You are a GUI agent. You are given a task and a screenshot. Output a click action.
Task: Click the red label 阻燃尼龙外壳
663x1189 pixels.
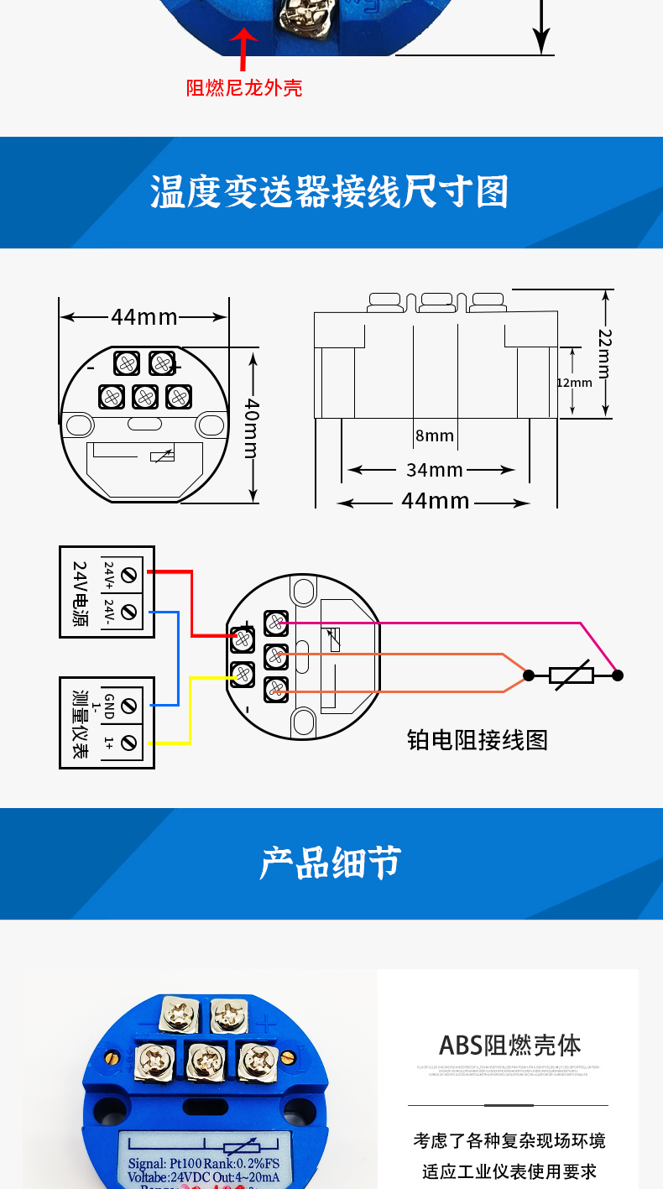point(244,88)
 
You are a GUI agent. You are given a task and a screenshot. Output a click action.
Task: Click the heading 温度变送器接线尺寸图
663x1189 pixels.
point(330,192)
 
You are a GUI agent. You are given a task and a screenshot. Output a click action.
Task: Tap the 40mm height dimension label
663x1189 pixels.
point(251,428)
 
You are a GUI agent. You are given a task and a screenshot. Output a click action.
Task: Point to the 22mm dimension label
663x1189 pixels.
point(604,352)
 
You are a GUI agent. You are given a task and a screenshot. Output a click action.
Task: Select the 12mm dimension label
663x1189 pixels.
point(574,383)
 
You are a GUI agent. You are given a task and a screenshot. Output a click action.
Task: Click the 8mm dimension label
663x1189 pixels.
point(434,435)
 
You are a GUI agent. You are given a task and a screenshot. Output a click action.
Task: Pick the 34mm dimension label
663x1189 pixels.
point(434,470)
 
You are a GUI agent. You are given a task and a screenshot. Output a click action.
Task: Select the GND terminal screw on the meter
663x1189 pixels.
point(128,707)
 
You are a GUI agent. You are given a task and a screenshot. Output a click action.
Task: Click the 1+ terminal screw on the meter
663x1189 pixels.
point(128,743)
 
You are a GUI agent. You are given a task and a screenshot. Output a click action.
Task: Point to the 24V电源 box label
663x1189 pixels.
point(80,592)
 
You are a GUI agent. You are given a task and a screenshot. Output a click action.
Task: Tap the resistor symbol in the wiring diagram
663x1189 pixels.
point(572,675)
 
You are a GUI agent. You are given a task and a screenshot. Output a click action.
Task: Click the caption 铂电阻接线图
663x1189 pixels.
point(477,739)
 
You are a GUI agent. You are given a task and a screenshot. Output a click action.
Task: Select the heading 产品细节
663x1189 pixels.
point(331,863)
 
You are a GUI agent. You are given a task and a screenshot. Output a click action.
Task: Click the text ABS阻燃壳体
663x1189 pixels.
point(509,1046)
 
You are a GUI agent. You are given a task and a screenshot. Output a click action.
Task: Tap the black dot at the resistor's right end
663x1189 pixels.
point(618,675)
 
